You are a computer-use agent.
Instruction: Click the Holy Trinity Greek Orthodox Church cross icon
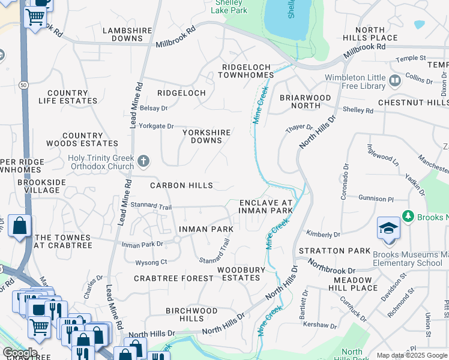tap(143, 161)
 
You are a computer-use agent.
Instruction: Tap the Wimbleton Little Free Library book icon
tap(394, 80)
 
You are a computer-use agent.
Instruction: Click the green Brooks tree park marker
tap(408, 215)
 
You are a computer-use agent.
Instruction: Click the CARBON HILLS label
tap(181, 185)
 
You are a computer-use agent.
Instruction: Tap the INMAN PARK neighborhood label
tap(206, 229)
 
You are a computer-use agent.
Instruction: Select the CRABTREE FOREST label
tap(173, 278)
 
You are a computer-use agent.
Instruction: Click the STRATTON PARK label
tap(330, 250)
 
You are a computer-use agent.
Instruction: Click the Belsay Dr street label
tap(153, 108)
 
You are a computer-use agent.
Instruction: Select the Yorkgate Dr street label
tap(156, 127)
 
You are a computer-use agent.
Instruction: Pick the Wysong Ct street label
tap(151, 262)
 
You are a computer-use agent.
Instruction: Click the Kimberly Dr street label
tap(323, 234)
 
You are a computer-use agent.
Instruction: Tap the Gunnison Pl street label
tap(376, 198)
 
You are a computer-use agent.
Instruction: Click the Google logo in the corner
tap(20, 353)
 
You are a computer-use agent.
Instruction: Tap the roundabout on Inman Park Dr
tap(177, 239)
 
